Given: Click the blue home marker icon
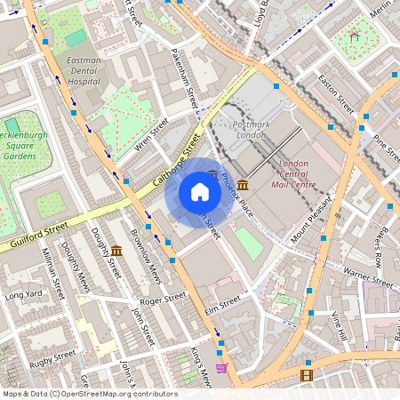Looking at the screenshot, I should pyautogui.click(x=200, y=192).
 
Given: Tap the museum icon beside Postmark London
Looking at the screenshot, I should pyautogui.click(x=243, y=184).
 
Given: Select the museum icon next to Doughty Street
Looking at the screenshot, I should pyautogui.click(x=116, y=252).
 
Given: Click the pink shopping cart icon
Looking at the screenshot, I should pyautogui.click(x=221, y=367).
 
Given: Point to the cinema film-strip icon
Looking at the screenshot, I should pyautogui.click(x=307, y=376).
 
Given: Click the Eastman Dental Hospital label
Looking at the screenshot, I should pyautogui.click(x=84, y=70).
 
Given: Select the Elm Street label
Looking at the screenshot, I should pyautogui.click(x=223, y=304).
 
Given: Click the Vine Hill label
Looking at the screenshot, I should pyautogui.click(x=337, y=326).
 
